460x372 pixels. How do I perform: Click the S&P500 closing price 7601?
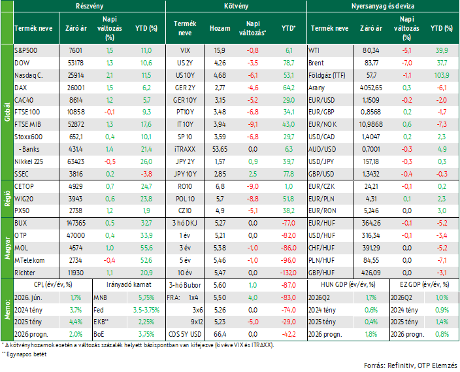pyautogui.click(x=75, y=50)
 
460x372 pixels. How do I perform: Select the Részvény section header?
pyautogui.click(x=90, y=6)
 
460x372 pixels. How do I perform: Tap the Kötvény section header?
pyautogui.click(x=236, y=6)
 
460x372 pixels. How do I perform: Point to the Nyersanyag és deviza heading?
pyautogui.click(x=383, y=6)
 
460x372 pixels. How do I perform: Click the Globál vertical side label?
pyautogui.click(x=7, y=112)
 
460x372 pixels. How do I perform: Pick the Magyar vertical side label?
pyautogui.click(x=7, y=248)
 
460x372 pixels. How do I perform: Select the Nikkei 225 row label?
pyautogui.click(x=29, y=161)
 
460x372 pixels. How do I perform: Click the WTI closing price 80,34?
pyautogui.click(x=371, y=50)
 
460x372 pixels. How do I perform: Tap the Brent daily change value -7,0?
pyautogui.click(x=406, y=63)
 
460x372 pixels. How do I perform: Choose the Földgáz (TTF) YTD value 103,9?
pyautogui.click(x=442, y=75)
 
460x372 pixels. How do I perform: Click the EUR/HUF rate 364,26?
pyautogui.click(x=371, y=223)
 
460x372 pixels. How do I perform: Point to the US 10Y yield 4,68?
pyautogui.click(x=220, y=75)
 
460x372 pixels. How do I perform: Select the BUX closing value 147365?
pyautogui.click(x=76, y=223)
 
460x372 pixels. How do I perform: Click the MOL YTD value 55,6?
pyautogui.click(x=146, y=248)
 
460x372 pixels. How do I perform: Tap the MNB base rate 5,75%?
pyautogui.click(x=146, y=297)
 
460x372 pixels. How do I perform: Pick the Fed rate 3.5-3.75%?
pyautogui.click(x=146, y=310)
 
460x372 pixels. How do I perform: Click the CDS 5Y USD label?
pyautogui.click(x=185, y=335)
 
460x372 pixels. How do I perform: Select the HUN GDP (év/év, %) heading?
pyautogui.click(x=348, y=284)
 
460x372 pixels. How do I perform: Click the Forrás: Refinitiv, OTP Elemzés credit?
pyautogui.click(x=410, y=365)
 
